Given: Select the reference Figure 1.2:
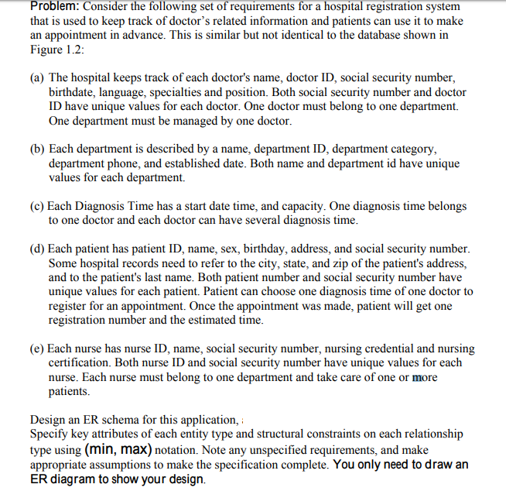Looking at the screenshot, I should pos(56,50).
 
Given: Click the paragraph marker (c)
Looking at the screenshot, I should pos(37,206).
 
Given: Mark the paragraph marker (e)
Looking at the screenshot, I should pos(37,349).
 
